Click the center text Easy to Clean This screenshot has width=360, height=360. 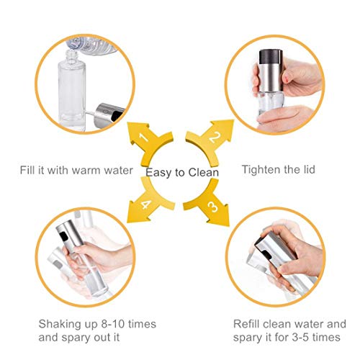(182, 173)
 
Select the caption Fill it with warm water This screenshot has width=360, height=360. (76, 171)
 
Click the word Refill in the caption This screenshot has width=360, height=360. (251, 323)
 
